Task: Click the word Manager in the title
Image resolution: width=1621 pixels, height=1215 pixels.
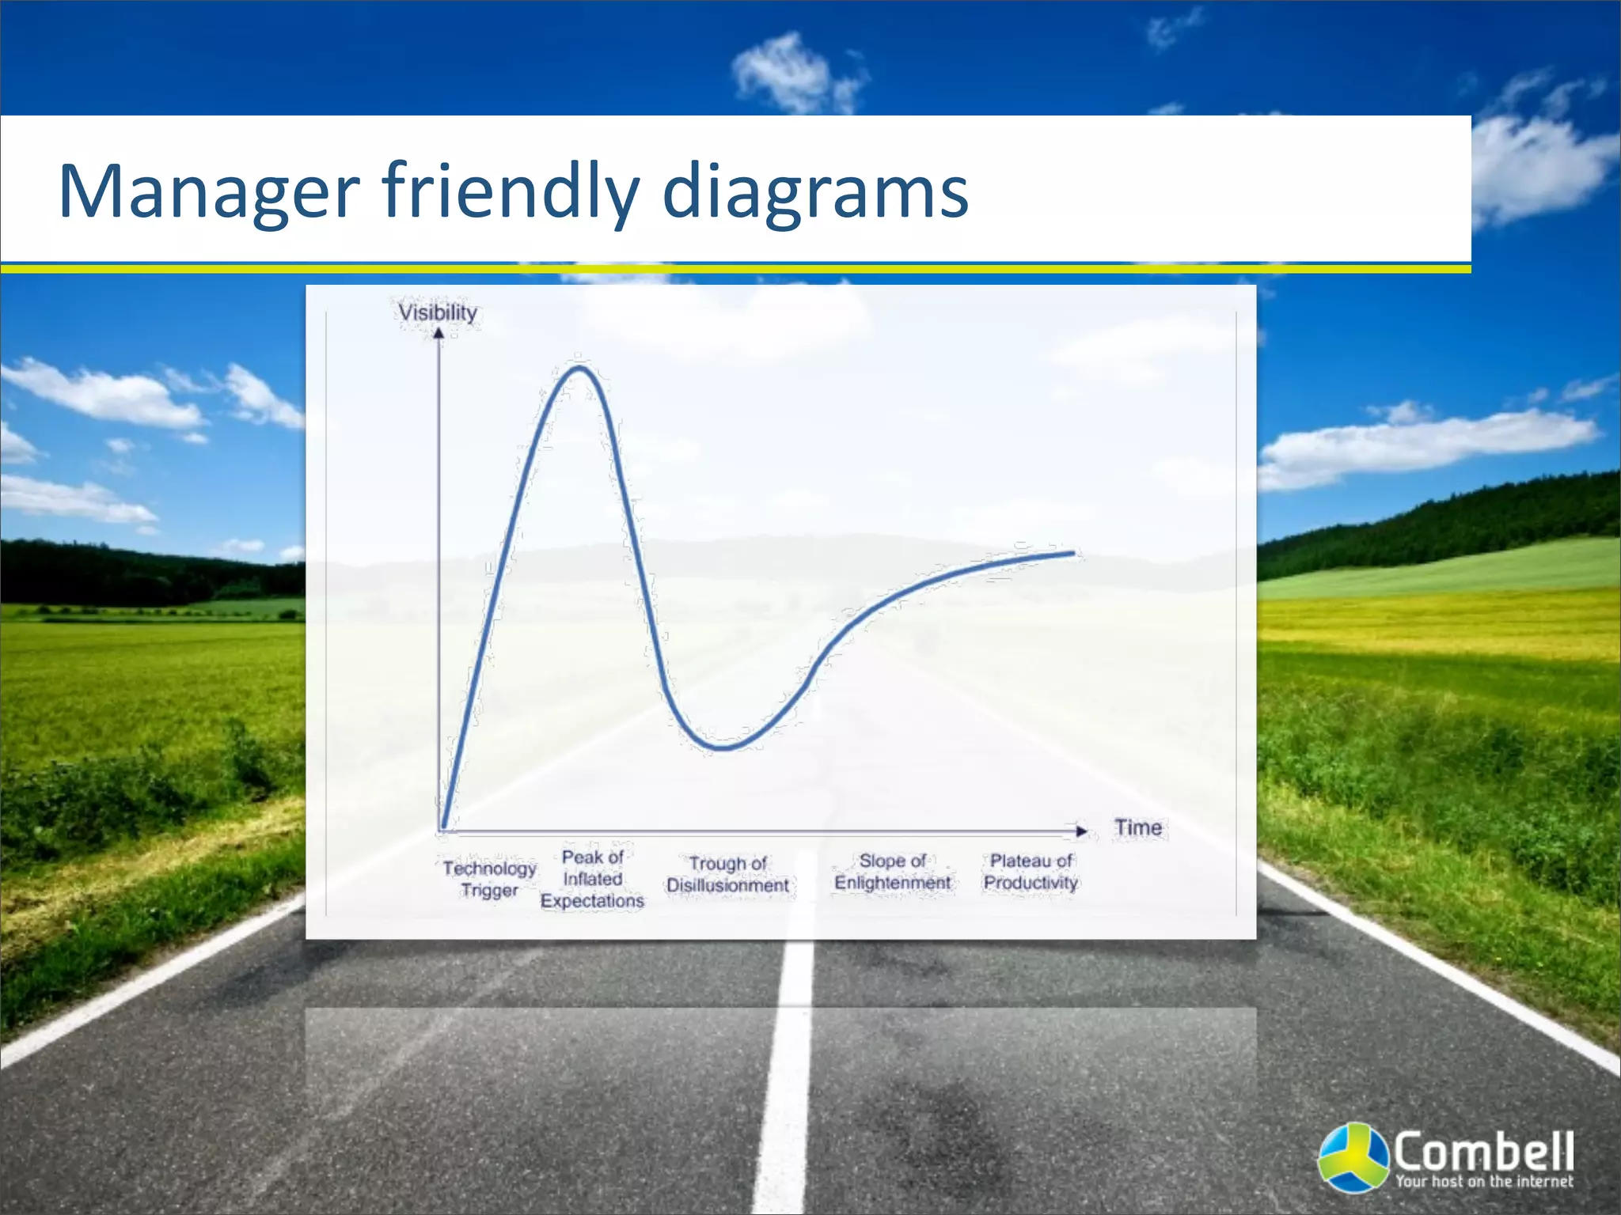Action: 209,191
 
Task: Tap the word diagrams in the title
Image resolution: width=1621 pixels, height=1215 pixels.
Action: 814,191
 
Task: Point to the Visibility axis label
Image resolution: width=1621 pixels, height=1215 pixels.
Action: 437,312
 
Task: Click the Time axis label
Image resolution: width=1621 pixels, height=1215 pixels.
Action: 1137,827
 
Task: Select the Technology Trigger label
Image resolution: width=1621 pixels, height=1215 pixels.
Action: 489,879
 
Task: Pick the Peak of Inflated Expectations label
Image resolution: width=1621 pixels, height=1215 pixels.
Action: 592,879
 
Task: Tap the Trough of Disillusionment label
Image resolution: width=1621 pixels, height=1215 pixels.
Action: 727,874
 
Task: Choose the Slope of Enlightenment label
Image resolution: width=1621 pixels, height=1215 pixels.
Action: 892,872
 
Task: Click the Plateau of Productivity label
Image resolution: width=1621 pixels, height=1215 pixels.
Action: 1031,872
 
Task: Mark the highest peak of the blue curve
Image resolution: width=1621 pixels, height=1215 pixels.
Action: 579,367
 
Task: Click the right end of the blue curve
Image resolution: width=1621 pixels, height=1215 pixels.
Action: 1073,553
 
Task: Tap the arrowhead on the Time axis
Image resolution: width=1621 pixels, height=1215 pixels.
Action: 1081,831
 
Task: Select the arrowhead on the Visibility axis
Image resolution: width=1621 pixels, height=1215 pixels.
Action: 438,333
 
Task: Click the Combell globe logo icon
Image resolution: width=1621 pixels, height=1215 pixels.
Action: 1354,1156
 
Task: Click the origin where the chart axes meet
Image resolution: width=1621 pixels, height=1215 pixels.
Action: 439,831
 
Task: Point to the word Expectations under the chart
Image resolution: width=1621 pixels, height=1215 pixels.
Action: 592,901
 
